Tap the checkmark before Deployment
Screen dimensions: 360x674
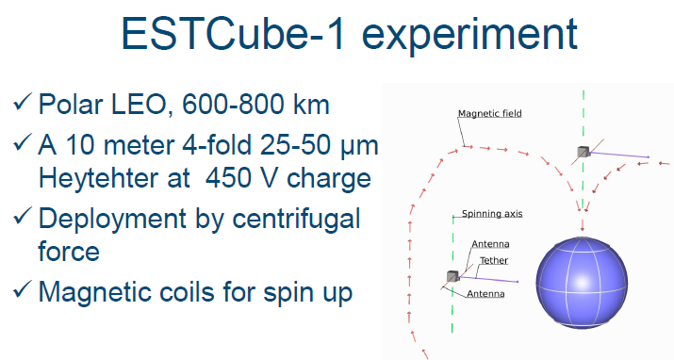(23, 220)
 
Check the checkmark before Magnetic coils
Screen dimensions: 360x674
(23, 292)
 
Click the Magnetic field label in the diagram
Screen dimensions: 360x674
(489, 114)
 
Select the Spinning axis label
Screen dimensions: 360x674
(491, 214)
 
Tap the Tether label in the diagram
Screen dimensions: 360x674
(494, 260)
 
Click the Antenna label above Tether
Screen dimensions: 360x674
(490, 244)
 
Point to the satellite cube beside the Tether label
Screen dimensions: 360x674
(452, 276)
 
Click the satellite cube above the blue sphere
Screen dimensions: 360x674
(584, 152)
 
